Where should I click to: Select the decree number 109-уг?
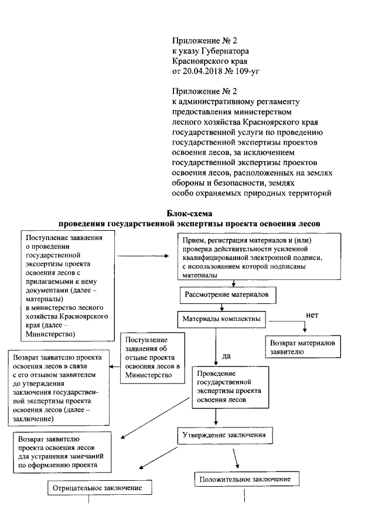[245, 71]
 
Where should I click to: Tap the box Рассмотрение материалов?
[227, 295]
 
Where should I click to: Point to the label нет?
[312, 314]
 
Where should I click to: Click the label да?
[226, 355]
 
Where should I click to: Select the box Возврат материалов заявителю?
[302, 347]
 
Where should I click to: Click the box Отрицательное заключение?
[97, 487]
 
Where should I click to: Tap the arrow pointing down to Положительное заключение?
[237, 457]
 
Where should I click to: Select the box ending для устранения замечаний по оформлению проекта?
[64, 452]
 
